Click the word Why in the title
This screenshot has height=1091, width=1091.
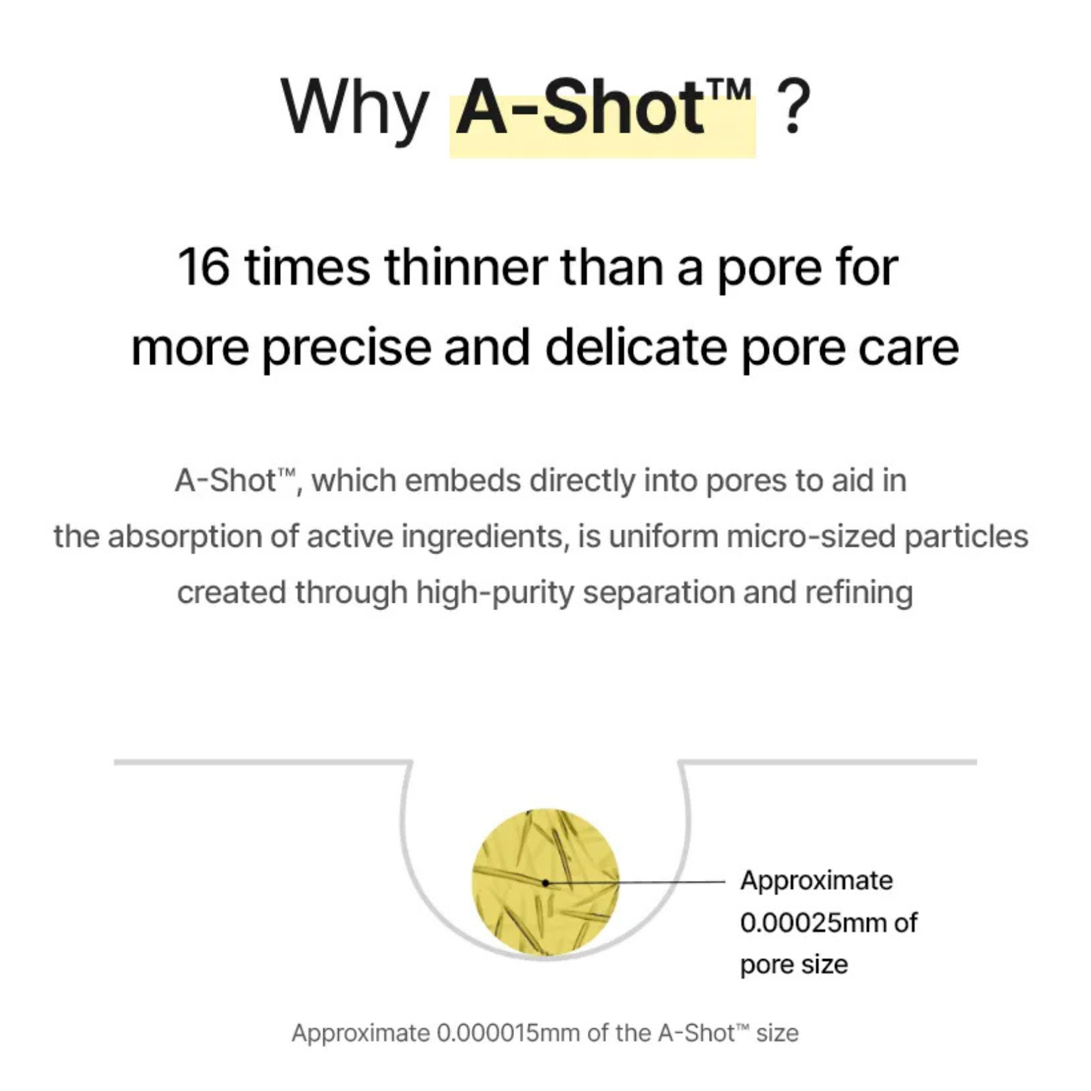click(353, 107)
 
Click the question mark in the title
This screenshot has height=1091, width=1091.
click(792, 107)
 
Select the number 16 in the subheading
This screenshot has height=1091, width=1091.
click(203, 267)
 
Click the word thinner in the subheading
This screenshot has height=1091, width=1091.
click(466, 267)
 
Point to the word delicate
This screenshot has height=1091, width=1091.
click(636, 347)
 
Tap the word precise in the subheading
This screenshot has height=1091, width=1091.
click(347, 347)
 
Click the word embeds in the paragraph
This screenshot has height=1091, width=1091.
click(462, 480)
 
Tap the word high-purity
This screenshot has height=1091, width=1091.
click(495, 593)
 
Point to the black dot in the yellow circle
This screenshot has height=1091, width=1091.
click(545, 882)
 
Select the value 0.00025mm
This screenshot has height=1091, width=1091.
click(813, 923)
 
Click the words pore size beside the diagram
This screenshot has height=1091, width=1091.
click(794, 965)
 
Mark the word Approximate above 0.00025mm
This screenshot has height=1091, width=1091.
click(816, 880)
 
